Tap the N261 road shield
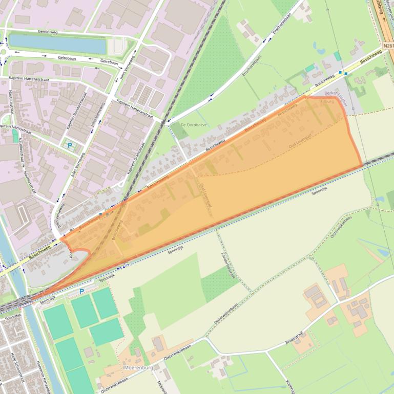point(388,46)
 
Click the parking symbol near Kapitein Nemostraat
point(70,145)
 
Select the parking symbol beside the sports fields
point(81,292)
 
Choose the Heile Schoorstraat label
point(14,366)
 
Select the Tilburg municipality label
point(327,101)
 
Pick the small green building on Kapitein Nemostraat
point(15,135)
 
